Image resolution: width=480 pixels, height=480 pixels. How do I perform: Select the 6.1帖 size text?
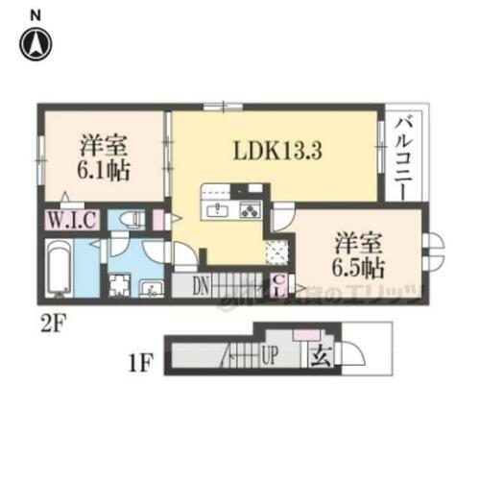point(103,173)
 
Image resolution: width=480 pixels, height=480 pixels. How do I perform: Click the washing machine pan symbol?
point(119,286)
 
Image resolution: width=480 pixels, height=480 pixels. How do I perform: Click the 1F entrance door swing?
point(352,356)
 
